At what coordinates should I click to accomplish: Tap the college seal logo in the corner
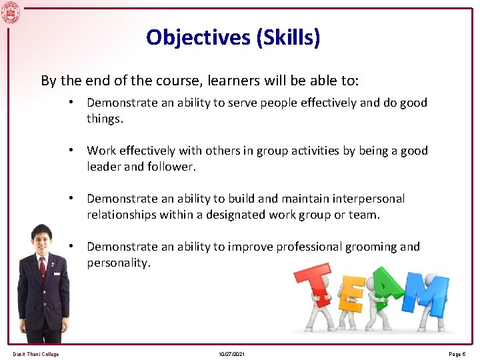pos(11,11)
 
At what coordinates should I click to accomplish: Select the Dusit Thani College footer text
pos(36,354)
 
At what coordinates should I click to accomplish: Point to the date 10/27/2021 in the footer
pos(231,354)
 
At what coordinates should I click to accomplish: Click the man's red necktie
pos(43,267)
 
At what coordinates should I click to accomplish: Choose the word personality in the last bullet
pos(118,263)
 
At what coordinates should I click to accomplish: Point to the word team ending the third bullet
pos(363,215)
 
